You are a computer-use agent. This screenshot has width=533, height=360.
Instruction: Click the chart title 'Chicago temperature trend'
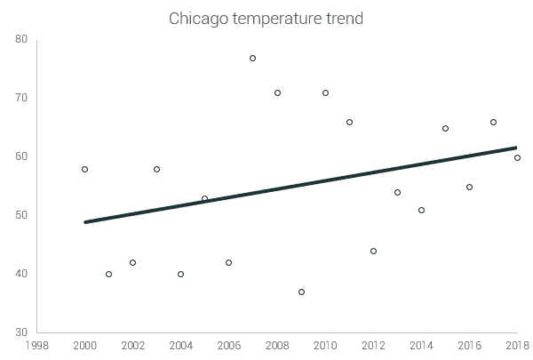click(x=266, y=19)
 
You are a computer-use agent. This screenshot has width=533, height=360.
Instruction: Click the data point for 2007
click(x=253, y=59)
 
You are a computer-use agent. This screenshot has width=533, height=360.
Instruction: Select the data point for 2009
click(x=301, y=292)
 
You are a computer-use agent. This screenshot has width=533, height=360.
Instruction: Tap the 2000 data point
click(x=85, y=170)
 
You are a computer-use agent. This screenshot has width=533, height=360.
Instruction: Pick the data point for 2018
click(x=517, y=158)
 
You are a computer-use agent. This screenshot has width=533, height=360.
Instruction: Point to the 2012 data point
click(x=373, y=252)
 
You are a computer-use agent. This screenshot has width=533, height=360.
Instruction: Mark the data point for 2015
click(x=445, y=129)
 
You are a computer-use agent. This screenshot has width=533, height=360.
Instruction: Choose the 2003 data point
click(x=157, y=170)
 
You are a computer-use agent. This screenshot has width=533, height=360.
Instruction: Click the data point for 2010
click(x=325, y=93)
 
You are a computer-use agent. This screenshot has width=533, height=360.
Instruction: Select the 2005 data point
click(x=205, y=199)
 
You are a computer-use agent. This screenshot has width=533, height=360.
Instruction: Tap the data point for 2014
click(x=421, y=211)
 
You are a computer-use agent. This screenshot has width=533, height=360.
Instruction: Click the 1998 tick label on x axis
click(x=37, y=346)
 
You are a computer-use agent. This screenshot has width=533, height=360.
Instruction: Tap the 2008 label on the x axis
click(x=277, y=346)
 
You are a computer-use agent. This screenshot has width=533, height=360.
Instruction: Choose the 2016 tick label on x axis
click(x=469, y=346)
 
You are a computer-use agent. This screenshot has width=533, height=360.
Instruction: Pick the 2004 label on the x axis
click(x=181, y=346)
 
